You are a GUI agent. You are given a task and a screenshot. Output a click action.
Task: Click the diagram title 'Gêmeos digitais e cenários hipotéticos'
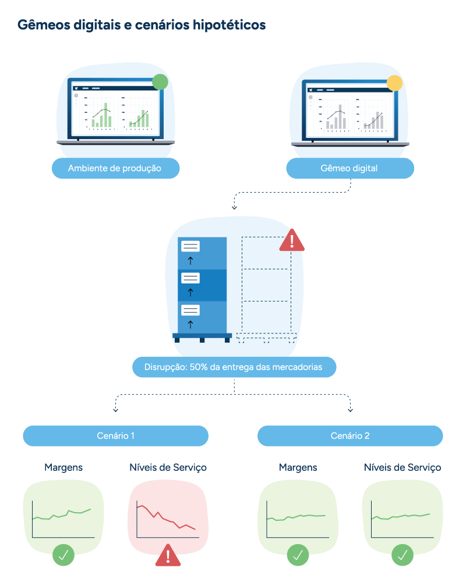(142, 25)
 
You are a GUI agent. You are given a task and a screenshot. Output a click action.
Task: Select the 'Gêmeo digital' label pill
(350, 168)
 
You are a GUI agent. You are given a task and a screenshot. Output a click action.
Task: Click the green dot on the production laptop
(160, 81)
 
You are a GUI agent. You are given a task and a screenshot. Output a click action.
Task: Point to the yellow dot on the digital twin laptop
(395, 83)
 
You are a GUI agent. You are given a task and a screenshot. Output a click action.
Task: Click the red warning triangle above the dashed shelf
(292, 241)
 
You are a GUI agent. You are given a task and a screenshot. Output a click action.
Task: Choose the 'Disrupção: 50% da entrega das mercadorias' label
(234, 367)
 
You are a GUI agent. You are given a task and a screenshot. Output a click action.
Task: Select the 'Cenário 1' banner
(115, 436)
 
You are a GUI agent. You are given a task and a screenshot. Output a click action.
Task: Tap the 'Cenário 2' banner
(350, 436)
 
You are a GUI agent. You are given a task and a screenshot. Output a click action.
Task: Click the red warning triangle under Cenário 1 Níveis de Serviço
(168, 556)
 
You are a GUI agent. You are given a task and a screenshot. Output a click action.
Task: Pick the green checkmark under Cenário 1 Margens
(63, 555)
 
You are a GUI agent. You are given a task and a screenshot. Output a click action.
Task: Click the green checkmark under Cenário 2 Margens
(298, 555)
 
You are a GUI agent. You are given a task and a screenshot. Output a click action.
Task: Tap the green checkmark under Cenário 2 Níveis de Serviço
(403, 555)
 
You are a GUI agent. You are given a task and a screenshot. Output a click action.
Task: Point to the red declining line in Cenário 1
(165, 517)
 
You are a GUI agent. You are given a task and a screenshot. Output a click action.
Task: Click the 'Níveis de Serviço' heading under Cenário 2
(403, 467)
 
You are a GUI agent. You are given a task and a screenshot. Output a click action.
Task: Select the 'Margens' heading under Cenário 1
(63, 467)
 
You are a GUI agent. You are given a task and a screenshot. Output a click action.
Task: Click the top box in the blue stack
(202, 253)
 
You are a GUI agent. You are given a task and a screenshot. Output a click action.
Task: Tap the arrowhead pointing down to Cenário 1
(115, 410)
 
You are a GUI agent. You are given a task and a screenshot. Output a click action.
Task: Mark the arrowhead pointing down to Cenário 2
(351, 410)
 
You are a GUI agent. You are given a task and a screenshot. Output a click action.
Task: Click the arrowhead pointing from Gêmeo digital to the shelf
(234, 208)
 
